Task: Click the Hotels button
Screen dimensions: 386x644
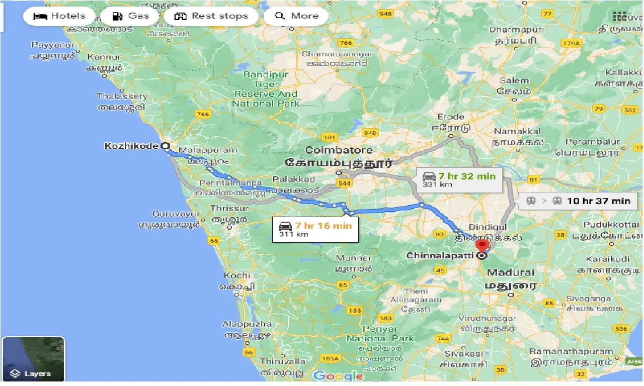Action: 59,16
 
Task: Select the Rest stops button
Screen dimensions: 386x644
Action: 211,16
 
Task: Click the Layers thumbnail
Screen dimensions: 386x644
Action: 33,359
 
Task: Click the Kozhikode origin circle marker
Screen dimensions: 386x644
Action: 165,146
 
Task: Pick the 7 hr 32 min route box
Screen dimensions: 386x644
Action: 459,179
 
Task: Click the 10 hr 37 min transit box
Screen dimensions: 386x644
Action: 578,201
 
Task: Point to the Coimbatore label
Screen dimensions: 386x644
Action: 339,150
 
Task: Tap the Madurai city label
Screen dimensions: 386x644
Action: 510,272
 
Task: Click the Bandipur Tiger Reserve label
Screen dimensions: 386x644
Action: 266,89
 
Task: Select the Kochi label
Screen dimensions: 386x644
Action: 237,275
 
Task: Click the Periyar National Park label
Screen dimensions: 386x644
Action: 380,333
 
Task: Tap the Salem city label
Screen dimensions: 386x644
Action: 514,80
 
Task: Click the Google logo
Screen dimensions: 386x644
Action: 339,376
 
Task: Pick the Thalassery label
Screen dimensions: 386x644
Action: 122,96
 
